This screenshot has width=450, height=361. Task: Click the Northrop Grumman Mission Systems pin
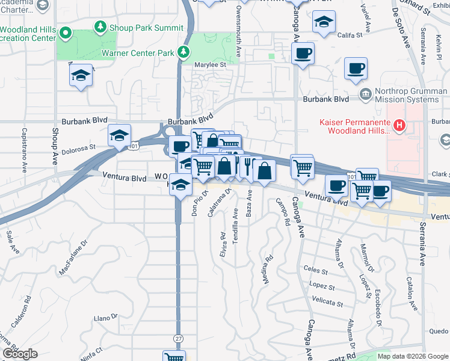(365, 94)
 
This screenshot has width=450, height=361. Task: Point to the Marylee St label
(209, 64)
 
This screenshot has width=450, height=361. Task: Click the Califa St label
(350, 35)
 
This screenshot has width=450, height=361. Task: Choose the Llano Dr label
(105, 317)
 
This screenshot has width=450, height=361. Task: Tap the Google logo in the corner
(20, 354)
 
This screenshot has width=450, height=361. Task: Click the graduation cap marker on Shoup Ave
(81, 76)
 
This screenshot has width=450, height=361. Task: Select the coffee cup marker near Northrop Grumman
(356, 68)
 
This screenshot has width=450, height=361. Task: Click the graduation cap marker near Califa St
(323, 22)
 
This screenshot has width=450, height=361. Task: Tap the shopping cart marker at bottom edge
(174, 356)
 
